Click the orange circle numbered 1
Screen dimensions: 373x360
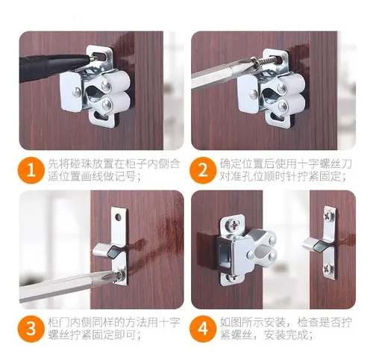point(30,171)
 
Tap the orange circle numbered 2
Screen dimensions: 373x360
point(202,171)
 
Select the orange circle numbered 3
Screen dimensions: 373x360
point(30,329)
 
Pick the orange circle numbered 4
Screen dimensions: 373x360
point(202,329)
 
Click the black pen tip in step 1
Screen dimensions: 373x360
point(92,58)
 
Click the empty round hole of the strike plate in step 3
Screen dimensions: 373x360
point(119,218)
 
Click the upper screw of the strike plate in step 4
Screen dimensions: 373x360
point(330,216)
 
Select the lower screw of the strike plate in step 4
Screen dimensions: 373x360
point(328,268)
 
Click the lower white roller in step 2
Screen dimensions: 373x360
point(292,104)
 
